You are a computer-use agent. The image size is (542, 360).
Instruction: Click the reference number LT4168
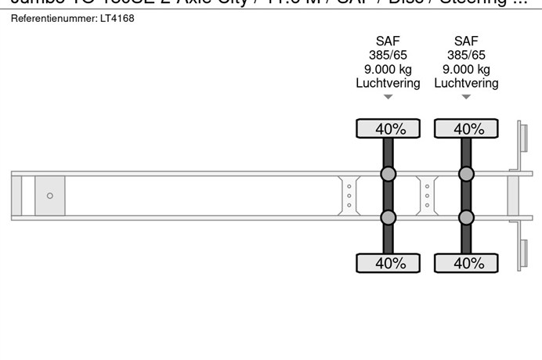coord(118,18)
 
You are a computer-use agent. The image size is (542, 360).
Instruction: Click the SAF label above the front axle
coord(388,41)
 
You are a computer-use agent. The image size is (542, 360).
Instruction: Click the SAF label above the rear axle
coord(466,41)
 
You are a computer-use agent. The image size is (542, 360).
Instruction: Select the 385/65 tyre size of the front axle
coord(388,56)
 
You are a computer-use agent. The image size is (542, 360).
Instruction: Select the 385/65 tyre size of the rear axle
coord(466,56)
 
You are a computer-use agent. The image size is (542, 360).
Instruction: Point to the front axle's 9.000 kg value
coord(388,69)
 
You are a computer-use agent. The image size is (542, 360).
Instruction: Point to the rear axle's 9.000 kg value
coord(466,69)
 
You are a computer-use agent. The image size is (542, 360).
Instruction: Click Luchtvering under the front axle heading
coord(388,83)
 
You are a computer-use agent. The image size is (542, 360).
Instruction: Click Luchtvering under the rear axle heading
coord(466,83)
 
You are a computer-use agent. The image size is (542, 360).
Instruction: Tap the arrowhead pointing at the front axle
coord(388,98)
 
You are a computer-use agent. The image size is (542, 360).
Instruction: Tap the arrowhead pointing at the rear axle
coord(466,98)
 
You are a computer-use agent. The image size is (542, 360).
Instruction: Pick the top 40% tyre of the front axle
coord(388,128)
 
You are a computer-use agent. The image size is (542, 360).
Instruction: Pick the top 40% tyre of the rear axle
coord(466,128)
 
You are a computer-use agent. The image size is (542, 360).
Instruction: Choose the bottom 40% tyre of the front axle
coord(388,263)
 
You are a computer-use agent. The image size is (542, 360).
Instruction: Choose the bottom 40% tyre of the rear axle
coord(466,263)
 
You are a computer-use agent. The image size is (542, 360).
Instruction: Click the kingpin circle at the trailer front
coord(50,196)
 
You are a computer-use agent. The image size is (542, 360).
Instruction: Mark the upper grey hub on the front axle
coord(388,174)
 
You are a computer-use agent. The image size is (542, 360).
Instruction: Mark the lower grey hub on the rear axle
coord(466,218)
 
